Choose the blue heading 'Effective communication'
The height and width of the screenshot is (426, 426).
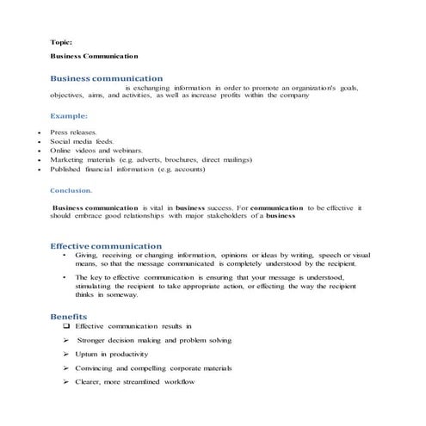[106, 245]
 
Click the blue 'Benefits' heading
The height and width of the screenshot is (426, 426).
[68, 317]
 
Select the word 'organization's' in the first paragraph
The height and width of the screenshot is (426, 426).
[311, 87]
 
